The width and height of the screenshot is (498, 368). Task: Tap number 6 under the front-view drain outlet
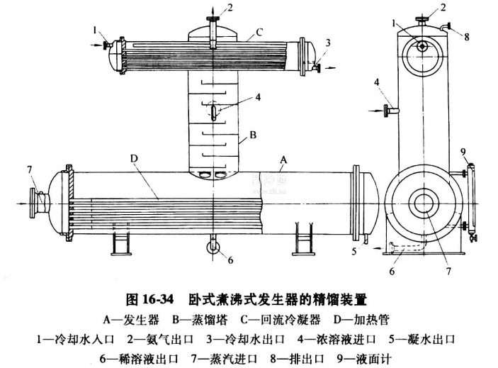point(230,260)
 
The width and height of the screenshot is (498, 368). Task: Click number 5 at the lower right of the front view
point(353,250)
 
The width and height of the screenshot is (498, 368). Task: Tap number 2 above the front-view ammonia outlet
point(229,8)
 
